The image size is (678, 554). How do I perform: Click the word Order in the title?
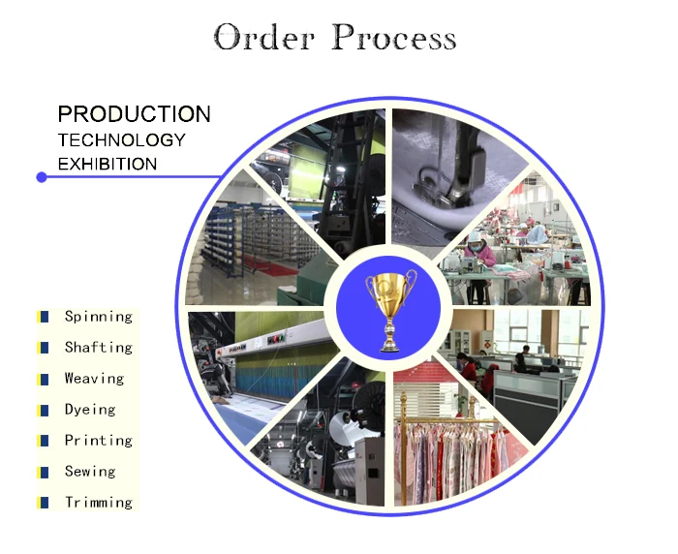pyautogui.click(x=265, y=38)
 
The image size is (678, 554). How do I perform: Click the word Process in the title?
pyautogui.click(x=393, y=38)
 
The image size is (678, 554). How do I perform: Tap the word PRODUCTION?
pyautogui.click(x=134, y=114)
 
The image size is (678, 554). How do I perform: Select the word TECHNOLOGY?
pyautogui.click(x=121, y=139)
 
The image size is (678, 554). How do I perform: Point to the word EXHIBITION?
pyautogui.click(x=107, y=164)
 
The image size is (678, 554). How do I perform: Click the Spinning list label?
pyautogui.click(x=98, y=317)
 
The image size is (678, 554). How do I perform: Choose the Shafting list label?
pyautogui.click(x=98, y=348)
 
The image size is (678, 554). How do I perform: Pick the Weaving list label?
pyautogui.click(x=94, y=379)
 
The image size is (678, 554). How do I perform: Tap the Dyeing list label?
pyautogui.click(x=90, y=410)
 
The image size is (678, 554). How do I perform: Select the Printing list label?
pyautogui.click(x=98, y=441)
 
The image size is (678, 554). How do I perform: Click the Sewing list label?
pyautogui.click(x=90, y=472)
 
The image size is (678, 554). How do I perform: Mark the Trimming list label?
pyautogui.click(x=98, y=503)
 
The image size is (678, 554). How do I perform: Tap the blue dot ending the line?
pyautogui.click(x=42, y=177)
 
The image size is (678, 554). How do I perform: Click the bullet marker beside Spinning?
pyautogui.click(x=43, y=317)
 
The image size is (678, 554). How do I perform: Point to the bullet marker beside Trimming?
pyautogui.click(x=43, y=503)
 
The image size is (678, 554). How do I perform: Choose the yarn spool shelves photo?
pyautogui.click(x=257, y=242)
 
